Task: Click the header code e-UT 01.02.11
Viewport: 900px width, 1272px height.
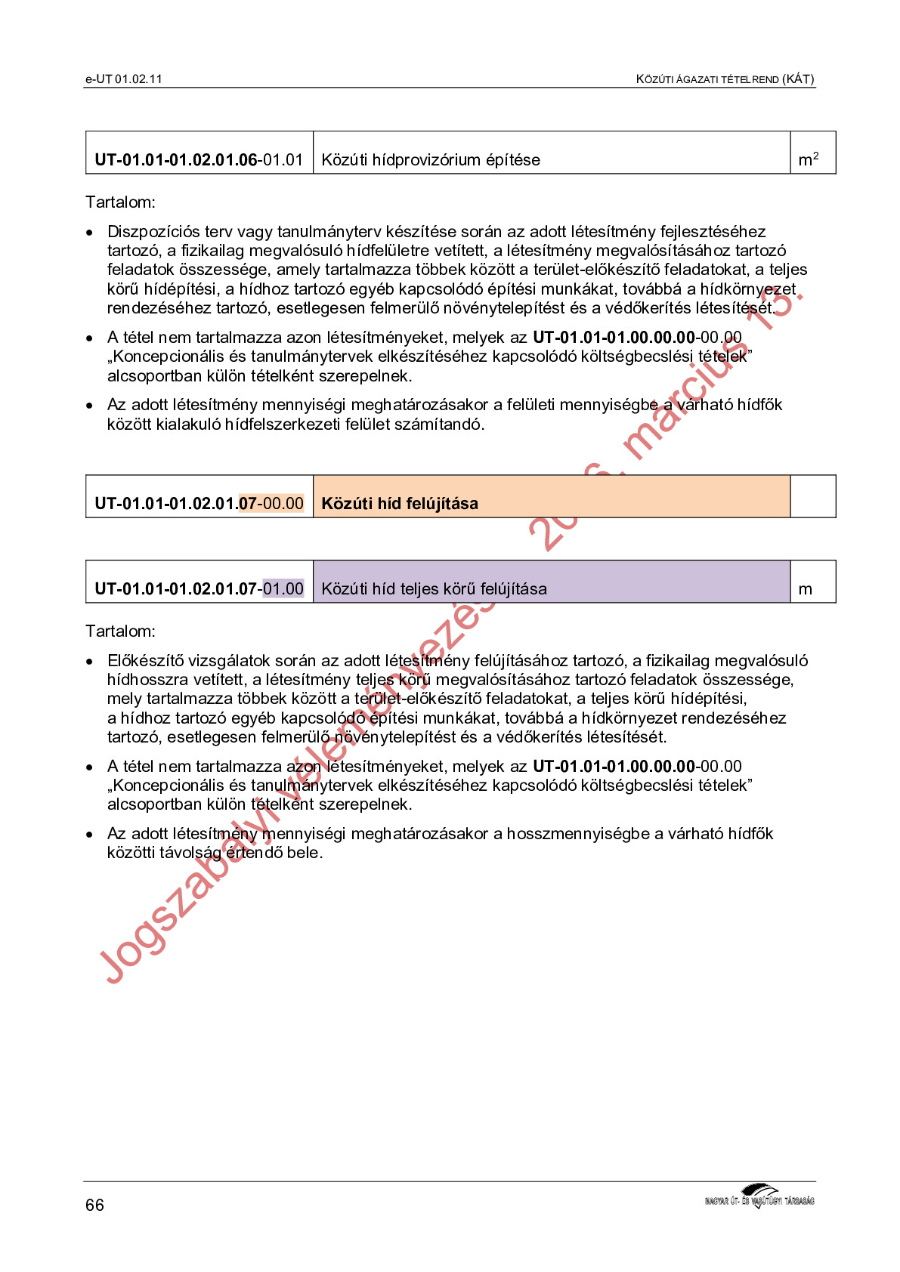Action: click(124, 79)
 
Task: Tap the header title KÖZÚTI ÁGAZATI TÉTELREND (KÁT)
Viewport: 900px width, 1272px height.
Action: click(725, 79)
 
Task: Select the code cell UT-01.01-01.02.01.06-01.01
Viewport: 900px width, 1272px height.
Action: click(199, 160)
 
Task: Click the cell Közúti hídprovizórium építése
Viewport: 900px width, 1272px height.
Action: click(431, 160)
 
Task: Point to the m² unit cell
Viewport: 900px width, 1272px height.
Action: click(809, 160)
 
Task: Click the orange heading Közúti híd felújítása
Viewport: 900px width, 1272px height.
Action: click(400, 504)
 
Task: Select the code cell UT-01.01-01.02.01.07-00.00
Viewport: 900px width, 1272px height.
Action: click(199, 504)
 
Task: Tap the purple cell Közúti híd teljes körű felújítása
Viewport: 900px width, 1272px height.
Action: click(434, 589)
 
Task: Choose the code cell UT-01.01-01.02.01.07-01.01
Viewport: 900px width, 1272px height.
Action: click(199, 589)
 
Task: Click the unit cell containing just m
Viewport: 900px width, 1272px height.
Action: click(806, 589)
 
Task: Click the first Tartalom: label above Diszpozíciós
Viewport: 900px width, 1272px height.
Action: click(120, 202)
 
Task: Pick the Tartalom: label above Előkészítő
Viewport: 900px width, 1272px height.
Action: click(120, 631)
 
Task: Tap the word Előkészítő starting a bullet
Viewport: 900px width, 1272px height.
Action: click(145, 661)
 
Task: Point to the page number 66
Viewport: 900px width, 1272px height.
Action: click(94, 1205)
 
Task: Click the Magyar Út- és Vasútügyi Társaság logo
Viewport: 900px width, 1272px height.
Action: click(759, 1197)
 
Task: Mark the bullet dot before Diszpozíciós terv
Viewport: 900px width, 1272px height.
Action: click(91, 233)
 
